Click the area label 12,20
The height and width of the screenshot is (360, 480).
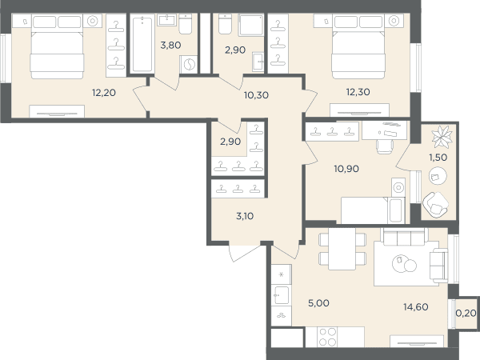tap(104, 93)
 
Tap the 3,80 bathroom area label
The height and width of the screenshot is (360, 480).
tap(170, 46)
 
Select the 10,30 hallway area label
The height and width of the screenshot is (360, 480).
tap(256, 95)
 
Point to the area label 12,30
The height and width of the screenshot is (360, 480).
tap(358, 92)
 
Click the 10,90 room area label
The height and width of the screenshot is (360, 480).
tap(346, 169)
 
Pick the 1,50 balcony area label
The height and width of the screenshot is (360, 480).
tap(438, 158)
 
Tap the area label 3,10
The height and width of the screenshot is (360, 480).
tap(245, 216)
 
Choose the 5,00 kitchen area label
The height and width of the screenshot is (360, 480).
tap(318, 303)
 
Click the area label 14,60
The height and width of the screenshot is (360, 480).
tap(416, 306)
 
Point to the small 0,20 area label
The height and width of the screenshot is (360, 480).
tap(466, 313)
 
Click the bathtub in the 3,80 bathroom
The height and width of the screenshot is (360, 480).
tap(142, 44)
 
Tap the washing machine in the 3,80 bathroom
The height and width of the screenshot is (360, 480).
tap(189, 65)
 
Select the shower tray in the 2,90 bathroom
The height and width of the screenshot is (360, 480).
tap(250, 25)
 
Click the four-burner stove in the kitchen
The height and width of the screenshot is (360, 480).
tap(327, 337)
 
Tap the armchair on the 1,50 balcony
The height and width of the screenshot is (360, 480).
tap(435, 204)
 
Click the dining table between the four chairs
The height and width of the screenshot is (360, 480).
tap(342, 249)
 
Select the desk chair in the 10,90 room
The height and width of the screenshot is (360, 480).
tap(385, 146)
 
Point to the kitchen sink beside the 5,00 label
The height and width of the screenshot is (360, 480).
tap(282, 295)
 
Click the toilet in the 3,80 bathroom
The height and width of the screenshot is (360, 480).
tap(186, 24)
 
